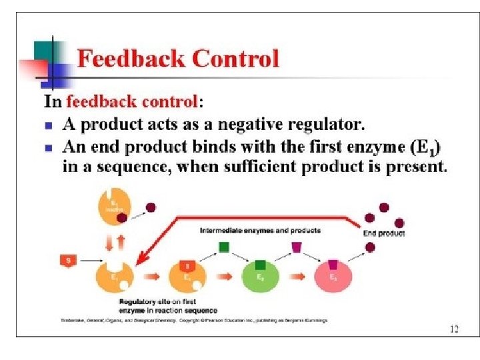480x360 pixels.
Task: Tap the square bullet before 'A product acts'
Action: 48,125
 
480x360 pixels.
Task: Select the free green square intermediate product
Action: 225,247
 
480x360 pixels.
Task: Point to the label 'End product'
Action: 383,234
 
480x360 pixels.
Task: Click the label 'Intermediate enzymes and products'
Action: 260,230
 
